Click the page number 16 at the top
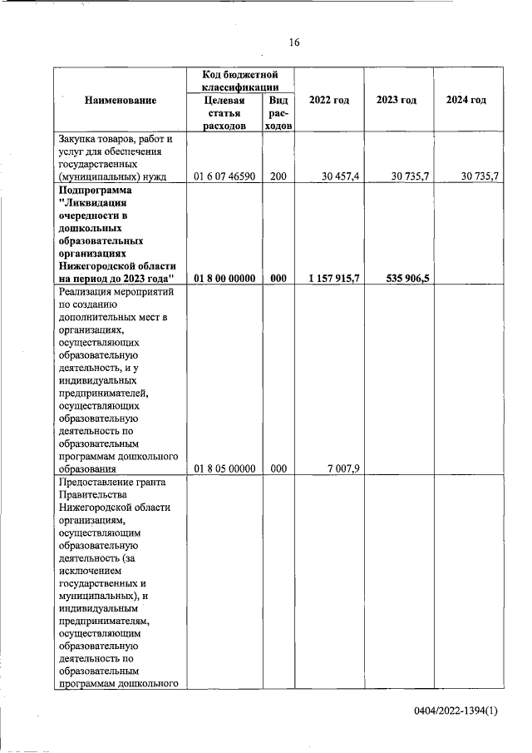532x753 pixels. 293,42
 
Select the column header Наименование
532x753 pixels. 120,100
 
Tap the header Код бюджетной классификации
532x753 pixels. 239,81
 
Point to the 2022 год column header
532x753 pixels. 328,100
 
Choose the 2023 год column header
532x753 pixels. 397,100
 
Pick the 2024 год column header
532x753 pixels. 465,100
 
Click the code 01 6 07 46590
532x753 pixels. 224,176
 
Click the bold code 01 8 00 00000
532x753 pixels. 224,279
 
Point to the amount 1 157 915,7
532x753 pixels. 333,279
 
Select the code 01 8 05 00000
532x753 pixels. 224,468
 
